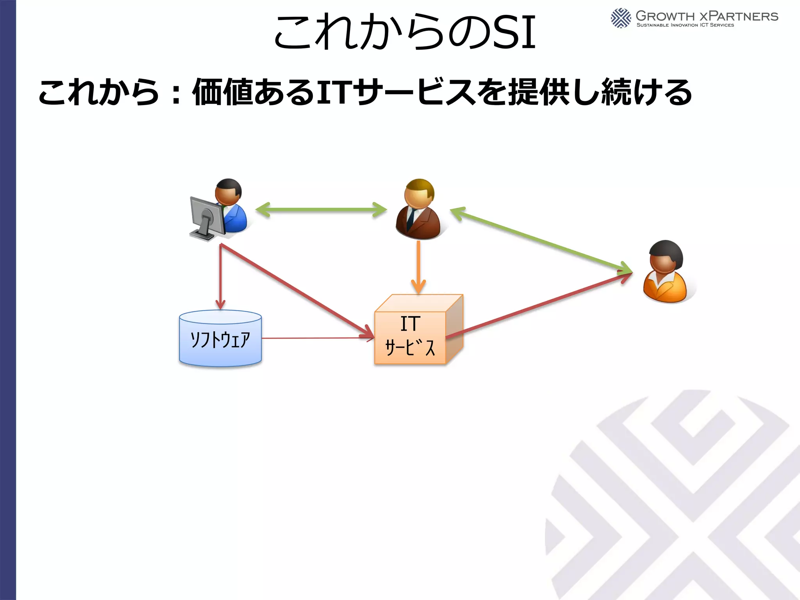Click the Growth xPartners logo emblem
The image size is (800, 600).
pos(621,18)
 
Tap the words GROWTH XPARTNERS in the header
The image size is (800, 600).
pos(707,16)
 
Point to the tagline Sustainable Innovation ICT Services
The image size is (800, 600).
pos(685,25)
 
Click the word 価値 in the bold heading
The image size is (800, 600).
pos(223,92)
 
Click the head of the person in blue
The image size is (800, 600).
pos(229,192)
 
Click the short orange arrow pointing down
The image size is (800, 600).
pos(418,266)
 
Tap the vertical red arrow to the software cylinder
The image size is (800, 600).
pos(221,277)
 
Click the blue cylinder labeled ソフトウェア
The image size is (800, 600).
pos(220,339)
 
